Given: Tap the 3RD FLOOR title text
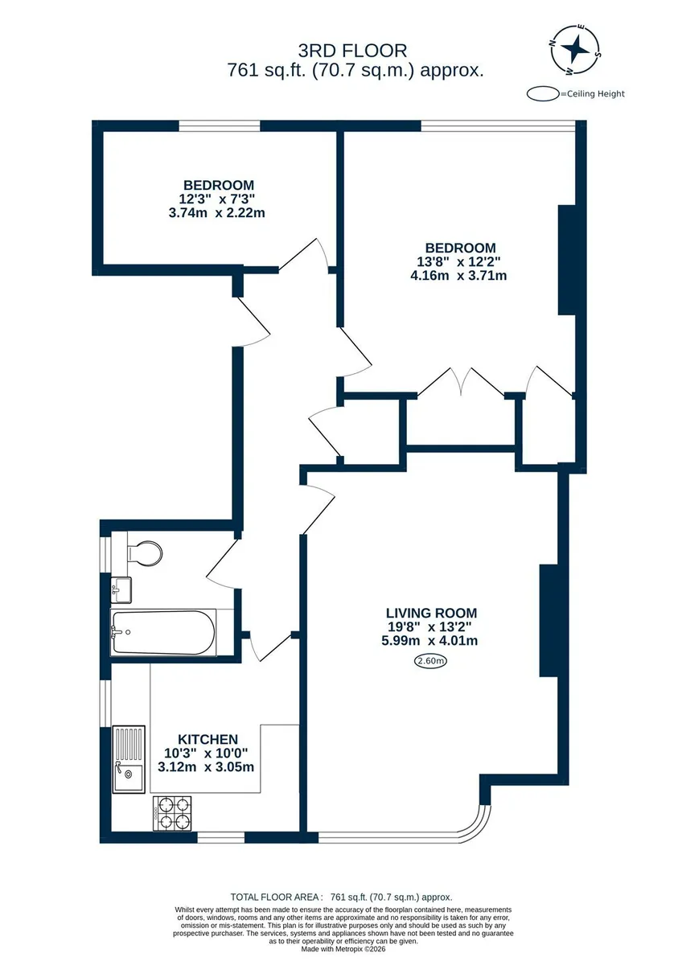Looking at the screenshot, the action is click(x=352, y=51).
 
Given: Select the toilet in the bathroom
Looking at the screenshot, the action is click(x=145, y=552).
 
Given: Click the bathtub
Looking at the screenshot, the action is click(x=162, y=633).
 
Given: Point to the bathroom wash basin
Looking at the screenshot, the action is click(x=121, y=589).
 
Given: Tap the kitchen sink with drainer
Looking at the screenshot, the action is click(x=129, y=759).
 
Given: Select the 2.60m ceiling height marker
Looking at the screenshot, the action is click(x=430, y=661).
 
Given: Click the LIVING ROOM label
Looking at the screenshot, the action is click(x=431, y=613).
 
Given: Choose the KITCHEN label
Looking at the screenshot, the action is click(x=208, y=739).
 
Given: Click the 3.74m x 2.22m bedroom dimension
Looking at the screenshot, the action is click(x=216, y=213).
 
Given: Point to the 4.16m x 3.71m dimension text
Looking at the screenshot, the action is click(x=458, y=276).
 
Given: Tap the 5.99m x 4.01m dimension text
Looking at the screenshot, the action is click(x=429, y=641).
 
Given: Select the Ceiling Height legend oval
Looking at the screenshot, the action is click(x=543, y=94).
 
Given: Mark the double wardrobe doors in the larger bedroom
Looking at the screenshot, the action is click(x=461, y=382).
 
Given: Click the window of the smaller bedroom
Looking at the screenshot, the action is click(x=220, y=125).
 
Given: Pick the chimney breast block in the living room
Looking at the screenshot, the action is click(x=549, y=620).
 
